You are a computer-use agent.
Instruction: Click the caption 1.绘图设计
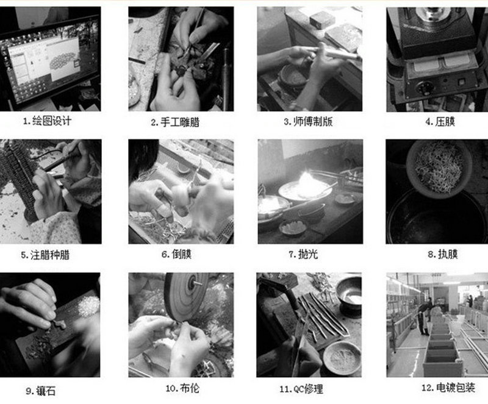tap(47, 121)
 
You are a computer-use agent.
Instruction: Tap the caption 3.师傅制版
tap(308, 121)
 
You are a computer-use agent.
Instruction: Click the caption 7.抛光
tap(309, 253)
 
